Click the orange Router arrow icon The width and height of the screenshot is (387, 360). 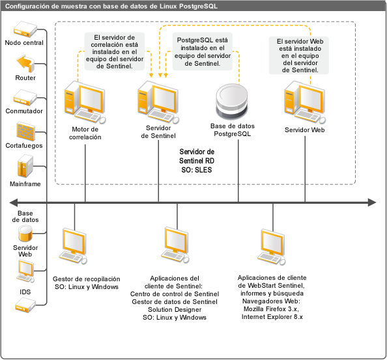(x=25, y=64)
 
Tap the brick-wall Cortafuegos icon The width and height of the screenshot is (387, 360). (x=25, y=132)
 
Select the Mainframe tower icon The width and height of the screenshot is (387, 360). (x=25, y=166)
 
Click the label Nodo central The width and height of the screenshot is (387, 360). (x=24, y=43)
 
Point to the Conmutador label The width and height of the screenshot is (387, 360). (x=24, y=111)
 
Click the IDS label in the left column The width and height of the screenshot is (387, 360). (x=25, y=292)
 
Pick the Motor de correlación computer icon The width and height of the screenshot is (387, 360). (x=85, y=102)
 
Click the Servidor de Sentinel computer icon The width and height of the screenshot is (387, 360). (x=158, y=102)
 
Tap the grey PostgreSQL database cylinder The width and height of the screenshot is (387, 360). (x=231, y=102)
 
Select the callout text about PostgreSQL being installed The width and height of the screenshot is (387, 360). (x=203, y=51)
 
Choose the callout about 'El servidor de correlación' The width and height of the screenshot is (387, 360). (x=115, y=51)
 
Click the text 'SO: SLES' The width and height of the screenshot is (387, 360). (x=197, y=170)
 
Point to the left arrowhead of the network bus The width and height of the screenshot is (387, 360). (x=13, y=202)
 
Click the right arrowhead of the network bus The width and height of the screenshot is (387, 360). (x=372, y=202)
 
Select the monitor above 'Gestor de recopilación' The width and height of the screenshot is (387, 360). (x=74, y=246)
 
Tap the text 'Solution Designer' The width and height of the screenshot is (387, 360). (x=175, y=309)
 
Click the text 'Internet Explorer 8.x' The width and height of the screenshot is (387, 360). (x=272, y=316)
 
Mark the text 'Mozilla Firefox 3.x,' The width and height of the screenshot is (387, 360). (x=271, y=309)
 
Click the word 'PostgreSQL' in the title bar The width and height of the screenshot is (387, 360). (x=198, y=6)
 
